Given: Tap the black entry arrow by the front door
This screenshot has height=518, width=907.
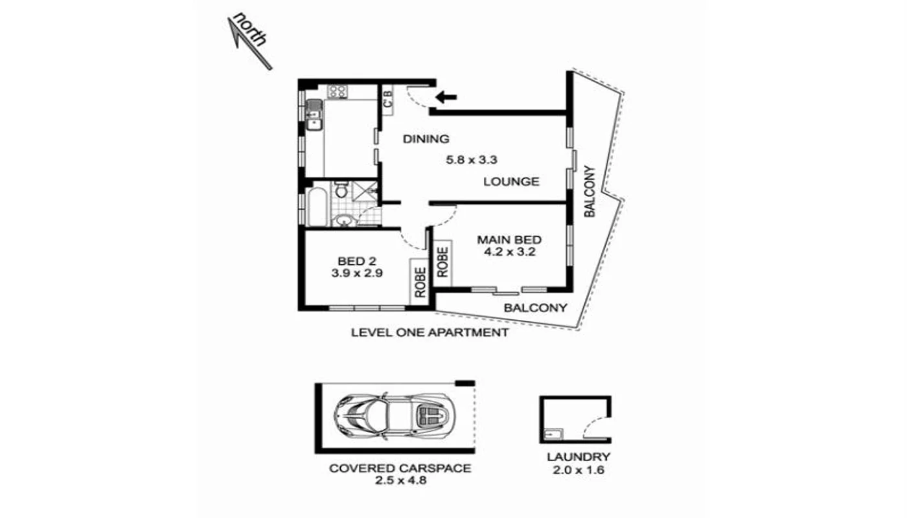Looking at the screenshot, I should (x=446, y=98).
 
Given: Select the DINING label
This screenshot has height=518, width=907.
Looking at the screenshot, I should (x=426, y=139).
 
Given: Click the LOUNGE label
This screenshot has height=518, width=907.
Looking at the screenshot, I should (x=511, y=181).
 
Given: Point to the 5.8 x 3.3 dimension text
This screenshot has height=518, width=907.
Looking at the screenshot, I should (x=471, y=159).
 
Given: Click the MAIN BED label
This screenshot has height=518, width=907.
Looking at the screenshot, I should (x=509, y=240).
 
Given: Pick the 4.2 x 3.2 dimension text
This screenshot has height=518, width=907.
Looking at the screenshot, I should (x=509, y=253).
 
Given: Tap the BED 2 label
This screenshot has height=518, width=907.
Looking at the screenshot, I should (x=356, y=261).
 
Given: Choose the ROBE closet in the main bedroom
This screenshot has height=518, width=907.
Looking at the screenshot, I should (x=443, y=262).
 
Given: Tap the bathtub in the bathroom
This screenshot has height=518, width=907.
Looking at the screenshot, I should (x=317, y=207).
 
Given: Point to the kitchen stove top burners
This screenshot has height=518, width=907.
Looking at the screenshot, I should (x=338, y=91).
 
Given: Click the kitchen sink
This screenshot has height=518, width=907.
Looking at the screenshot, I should (x=314, y=114).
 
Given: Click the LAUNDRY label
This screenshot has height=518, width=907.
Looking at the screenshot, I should (x=578, y=457).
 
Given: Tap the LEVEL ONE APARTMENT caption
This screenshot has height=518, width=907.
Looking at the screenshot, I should (x=429, y=333).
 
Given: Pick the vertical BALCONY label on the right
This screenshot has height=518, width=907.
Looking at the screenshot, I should (x=590, y=192).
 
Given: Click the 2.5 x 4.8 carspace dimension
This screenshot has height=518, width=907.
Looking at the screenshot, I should (x=399, y=480).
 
